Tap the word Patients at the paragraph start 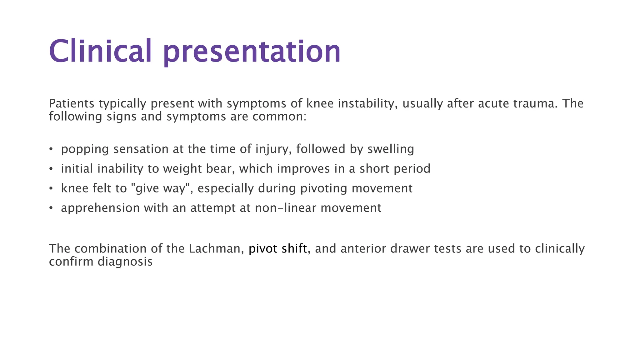point(72,103)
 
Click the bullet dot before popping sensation point(51,149)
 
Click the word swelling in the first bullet point(391,149)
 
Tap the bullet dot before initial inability point(51,169)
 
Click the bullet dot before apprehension point(51,208)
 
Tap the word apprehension point(100,208)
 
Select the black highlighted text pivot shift point(277,249)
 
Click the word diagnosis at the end point(125,262)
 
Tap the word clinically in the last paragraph point(559,249)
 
